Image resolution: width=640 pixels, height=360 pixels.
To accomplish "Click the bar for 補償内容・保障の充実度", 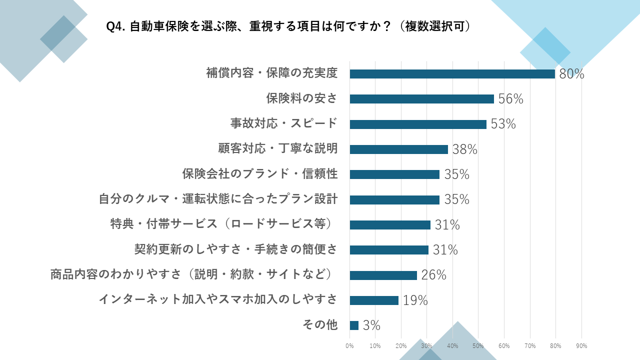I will [452, 74].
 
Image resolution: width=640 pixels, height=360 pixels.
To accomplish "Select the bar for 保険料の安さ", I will [421, 99].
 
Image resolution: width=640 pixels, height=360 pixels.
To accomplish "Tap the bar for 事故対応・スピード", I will [418, 124].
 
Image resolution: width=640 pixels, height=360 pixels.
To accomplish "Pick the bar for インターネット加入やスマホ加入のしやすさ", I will [374, 300].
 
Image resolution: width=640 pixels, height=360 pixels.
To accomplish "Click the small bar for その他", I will [354, 325].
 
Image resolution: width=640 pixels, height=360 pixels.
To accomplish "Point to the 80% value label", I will [571, 74].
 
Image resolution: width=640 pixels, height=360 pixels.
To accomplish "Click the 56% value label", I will [510, 99].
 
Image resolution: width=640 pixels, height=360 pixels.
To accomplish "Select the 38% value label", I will [465, 149].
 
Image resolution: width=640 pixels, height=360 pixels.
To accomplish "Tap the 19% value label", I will [415, 300].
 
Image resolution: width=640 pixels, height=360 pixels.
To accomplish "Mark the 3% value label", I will [371, 325].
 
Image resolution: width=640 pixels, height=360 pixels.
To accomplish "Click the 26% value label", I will [433, 275].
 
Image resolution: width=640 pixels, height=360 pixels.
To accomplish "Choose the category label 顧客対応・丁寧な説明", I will [278, 148].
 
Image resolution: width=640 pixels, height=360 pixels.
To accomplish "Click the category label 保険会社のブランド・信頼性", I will [260, 174].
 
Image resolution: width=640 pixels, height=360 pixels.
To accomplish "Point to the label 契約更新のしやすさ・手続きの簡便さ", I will [236, 249].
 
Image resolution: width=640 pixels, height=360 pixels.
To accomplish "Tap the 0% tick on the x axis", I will [350, 346].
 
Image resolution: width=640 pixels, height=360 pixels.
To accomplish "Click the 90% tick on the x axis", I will [581, 346].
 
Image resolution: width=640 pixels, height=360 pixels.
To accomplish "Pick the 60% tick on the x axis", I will [504, 346].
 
